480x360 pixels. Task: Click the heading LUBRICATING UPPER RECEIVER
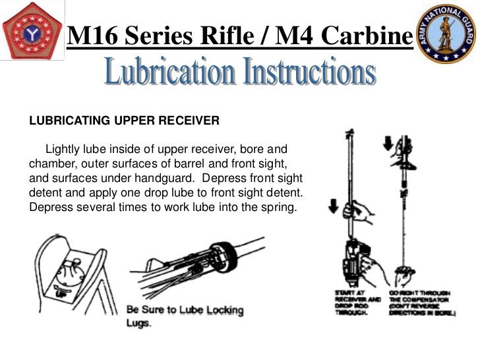click(x=124, y=121)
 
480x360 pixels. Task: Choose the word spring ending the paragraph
click(x=282, y=210)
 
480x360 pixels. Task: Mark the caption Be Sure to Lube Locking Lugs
click(x=185, y=316)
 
